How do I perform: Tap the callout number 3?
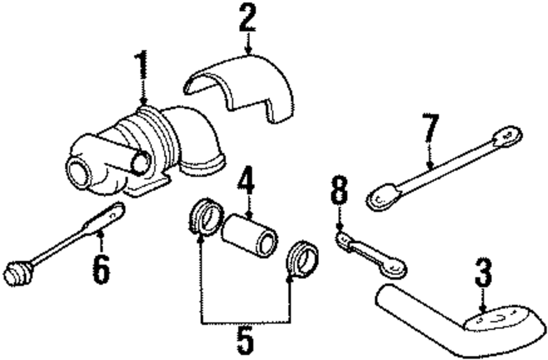pyautogui.click(x=483, y=273)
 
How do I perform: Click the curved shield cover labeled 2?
pyautogui.click(x=241, y=88)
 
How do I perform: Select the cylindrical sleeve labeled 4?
pyautogui.click(x=249, y=236)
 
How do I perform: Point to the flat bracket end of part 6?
pyautogui.click(x=110, y=215)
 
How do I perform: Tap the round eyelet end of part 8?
pyautogui.click(x=395, y=268)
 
